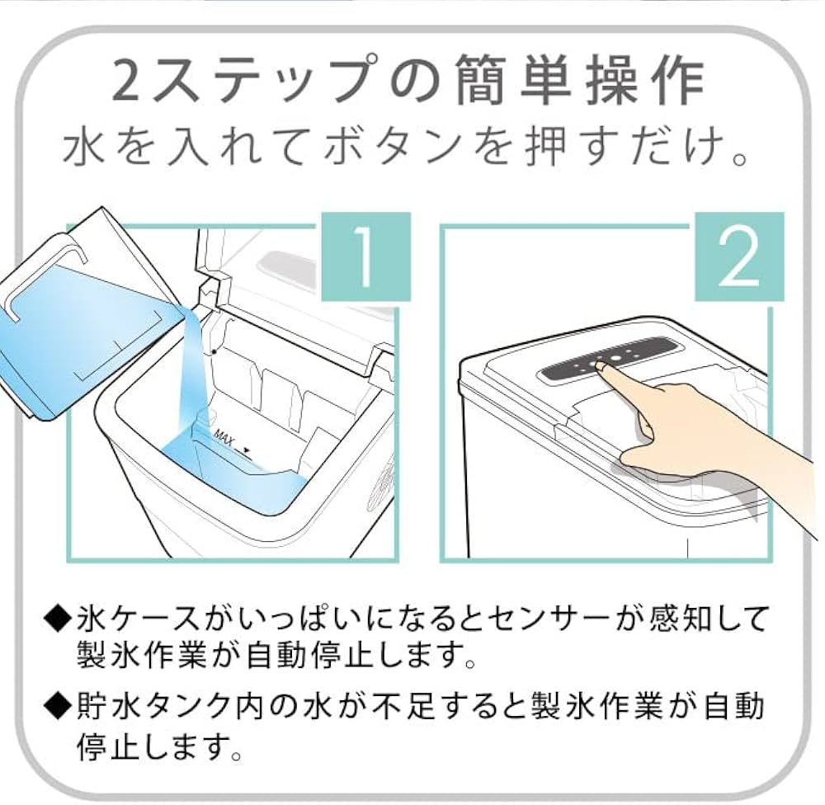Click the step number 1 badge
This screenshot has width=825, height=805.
[365, 257]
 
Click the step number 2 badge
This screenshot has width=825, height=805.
[738, 257]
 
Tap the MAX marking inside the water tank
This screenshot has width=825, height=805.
[224, 435]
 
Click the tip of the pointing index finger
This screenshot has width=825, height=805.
[602, 368]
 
